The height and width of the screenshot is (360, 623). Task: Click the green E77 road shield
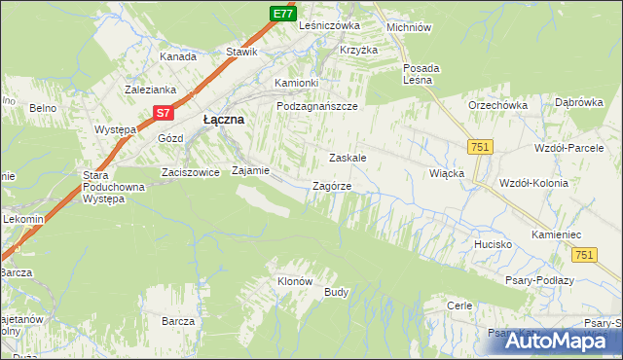pyautogui.click(x=282, y=13)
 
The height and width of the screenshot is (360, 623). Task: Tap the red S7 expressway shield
pyautogui.click(x=164, y=115)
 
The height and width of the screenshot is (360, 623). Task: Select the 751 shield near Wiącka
pyautogui.click(x=478, y=146)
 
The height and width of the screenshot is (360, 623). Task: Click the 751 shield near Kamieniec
pyautogui.click(x=584, y=254)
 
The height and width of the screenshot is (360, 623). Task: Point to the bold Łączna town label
pyautogui.click(x=223, y=119)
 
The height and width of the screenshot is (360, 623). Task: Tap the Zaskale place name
pyautogui.click(x=347, y=157)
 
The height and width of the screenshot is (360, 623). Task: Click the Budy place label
pyautogui.click(x=337, y=292)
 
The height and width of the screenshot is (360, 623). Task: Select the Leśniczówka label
pyautogui.click(x=330, y=25)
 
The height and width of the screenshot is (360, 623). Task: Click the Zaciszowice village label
pyautogui.click(x=190, y=170)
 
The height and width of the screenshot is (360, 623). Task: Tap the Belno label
pyautogui.click(x=41, y=108)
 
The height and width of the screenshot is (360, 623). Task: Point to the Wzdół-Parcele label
pyautogui.click(x=569, y=148)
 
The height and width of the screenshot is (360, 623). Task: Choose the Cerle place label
pyautogui.click(x=459, y=306)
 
